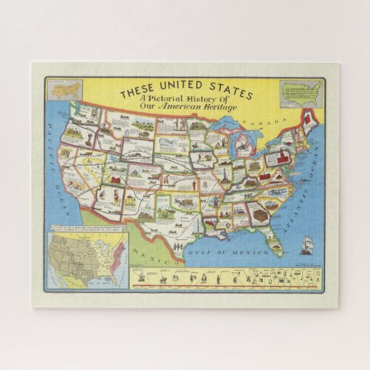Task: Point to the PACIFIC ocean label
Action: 53,136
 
